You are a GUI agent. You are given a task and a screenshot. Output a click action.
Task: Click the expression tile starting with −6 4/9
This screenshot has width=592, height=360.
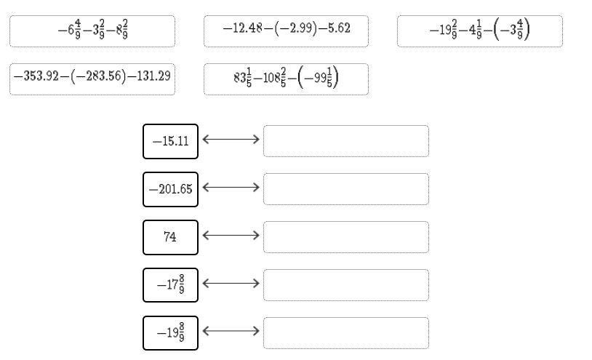(92, 31)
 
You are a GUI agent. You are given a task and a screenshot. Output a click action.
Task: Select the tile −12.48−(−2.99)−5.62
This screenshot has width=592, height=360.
(286, 31)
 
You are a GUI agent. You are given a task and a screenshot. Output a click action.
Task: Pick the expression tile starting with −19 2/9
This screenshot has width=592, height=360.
(479, 31)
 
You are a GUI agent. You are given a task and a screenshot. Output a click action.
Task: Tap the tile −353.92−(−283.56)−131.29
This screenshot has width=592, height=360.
(92, 79)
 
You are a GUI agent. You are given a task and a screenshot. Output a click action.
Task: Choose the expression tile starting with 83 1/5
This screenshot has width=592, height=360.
(286, 79)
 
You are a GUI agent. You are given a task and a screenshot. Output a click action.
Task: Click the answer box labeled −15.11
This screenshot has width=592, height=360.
(170, 140)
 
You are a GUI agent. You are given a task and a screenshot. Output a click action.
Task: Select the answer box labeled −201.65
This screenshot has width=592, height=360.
(170, 189)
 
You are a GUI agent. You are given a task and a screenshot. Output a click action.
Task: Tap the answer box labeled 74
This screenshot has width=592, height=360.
(170, 237)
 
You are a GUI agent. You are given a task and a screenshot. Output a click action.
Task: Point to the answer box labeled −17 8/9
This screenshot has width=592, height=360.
(170, 285)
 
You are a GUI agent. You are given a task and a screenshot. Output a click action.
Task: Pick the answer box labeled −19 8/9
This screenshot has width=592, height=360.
(170, 333)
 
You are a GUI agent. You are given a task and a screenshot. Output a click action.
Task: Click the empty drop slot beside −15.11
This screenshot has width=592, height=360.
(345, 140)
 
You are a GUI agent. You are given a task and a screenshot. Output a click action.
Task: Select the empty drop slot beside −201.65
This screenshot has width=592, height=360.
(345, 189)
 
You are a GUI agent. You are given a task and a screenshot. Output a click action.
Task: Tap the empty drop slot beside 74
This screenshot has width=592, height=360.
(345, 237)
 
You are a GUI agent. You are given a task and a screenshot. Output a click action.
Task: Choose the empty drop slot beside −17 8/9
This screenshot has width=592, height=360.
(345, 285)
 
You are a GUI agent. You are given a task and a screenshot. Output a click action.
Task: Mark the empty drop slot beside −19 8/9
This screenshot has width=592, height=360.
(345, 333)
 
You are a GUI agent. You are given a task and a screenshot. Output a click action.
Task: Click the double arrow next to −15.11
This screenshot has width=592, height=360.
(231, 139)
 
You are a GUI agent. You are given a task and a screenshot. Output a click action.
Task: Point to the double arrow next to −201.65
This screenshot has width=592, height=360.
(231, 187)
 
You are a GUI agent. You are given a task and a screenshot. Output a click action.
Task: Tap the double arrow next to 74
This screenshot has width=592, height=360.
(231, 235)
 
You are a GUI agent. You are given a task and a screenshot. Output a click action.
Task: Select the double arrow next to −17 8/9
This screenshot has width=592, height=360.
(231, 283)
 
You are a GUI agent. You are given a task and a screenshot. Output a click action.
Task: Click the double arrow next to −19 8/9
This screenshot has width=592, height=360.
(231, 331)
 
